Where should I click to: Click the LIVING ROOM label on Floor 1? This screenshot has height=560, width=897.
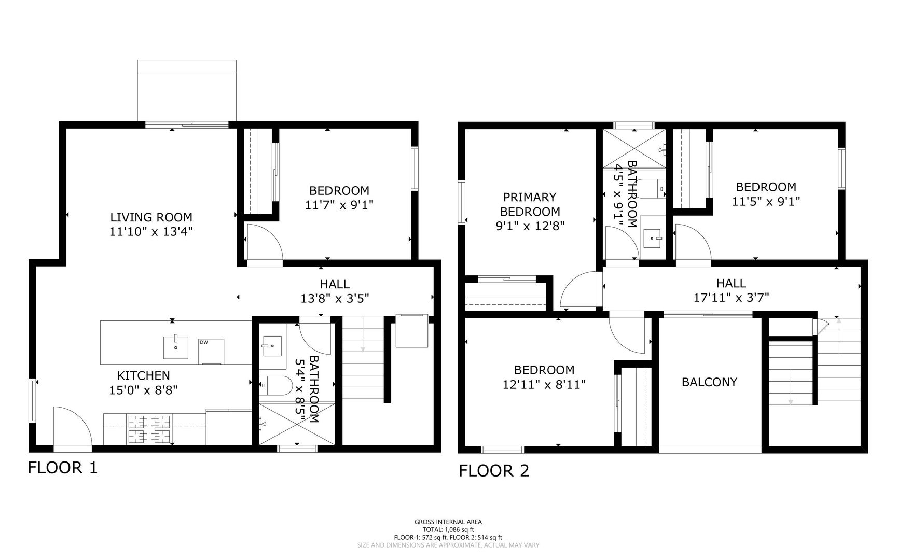[151, 217]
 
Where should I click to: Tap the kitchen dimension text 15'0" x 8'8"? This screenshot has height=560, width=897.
[144, 389]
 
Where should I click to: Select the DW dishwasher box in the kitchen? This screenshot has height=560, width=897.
[211, 352]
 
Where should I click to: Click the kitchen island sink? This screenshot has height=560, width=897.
[176, 347]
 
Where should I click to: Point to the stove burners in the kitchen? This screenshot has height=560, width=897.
[149, 429]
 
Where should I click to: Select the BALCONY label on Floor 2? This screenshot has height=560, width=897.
[709, 382]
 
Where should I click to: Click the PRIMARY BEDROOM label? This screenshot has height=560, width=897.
[530, 204]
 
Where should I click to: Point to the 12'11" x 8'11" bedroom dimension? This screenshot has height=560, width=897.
[544, 385]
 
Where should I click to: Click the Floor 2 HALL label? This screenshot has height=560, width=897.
[731, 283]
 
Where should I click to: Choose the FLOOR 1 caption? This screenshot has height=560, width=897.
[62, 468]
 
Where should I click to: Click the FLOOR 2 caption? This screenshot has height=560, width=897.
[494, 471]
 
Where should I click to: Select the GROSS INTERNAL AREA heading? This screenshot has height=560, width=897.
[448, 522]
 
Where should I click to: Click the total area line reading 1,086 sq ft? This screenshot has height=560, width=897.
[448, 530]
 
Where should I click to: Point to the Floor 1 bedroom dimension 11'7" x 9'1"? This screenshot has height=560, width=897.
[339, 205]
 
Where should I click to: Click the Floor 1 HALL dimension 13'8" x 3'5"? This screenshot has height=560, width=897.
[335, 299]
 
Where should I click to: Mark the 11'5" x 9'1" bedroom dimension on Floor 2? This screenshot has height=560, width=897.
[766, 201]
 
